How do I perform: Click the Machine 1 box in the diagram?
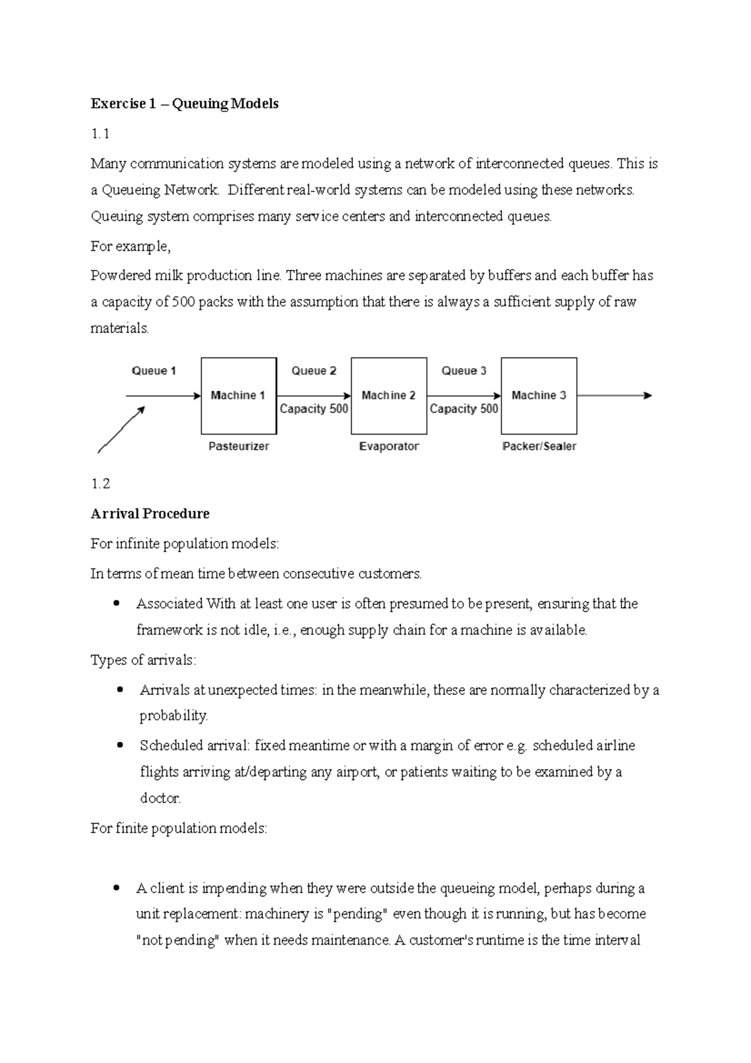coord(238,396)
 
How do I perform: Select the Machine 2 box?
coord(389,396)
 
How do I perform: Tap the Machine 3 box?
coord(539,396)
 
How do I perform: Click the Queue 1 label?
coord(154,371)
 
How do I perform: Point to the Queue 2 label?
coord(314,371)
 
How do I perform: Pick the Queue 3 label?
coord(464,371)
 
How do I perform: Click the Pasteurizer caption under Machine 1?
coord(238,446)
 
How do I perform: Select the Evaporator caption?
coord(389,446)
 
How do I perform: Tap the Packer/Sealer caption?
coord(539,446)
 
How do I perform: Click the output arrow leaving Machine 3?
coord(614,396)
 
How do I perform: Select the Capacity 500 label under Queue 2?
coord(314,409)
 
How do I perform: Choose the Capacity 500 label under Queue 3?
coord(464,409)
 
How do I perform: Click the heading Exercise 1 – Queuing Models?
coord(185,104)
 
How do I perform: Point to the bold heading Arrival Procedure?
coord(150,514)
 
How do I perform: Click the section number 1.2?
coord(100,484)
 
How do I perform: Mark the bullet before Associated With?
coord(116,604)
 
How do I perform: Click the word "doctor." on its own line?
coord(160,798)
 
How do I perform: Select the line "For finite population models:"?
coord(178,828)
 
